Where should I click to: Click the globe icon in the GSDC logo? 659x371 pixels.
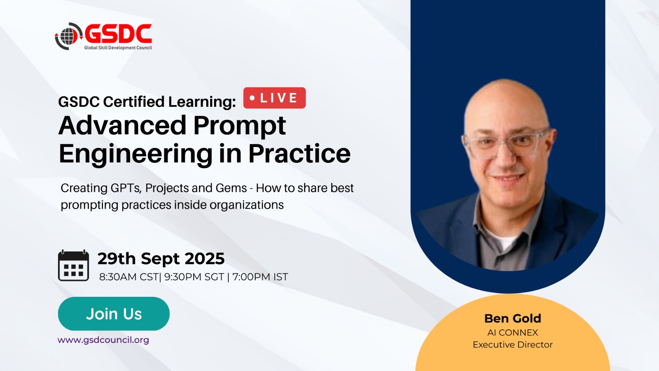click(68, 36)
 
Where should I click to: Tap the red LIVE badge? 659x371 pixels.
click(274, 98)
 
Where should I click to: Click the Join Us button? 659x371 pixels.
click(114, 314)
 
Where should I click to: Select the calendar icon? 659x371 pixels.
click(74, 265)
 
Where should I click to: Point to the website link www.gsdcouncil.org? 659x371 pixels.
click(103, 340)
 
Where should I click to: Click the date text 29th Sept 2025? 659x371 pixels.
click(161, 259)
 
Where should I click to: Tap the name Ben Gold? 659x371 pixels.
click(513, 318)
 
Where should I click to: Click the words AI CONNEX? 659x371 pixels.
click(513, 333)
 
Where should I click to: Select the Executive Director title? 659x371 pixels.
click(513, 345)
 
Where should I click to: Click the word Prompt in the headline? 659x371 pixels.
click(239, 127)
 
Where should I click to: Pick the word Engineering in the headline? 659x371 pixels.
click(136, 154)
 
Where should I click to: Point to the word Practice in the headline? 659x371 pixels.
click(299, 153)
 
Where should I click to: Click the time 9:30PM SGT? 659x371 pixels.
click(194, 277)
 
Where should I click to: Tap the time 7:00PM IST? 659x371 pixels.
click(260, 277)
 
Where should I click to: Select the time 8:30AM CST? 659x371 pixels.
click(129, 277)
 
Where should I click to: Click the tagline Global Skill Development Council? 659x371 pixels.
click(118, 48)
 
